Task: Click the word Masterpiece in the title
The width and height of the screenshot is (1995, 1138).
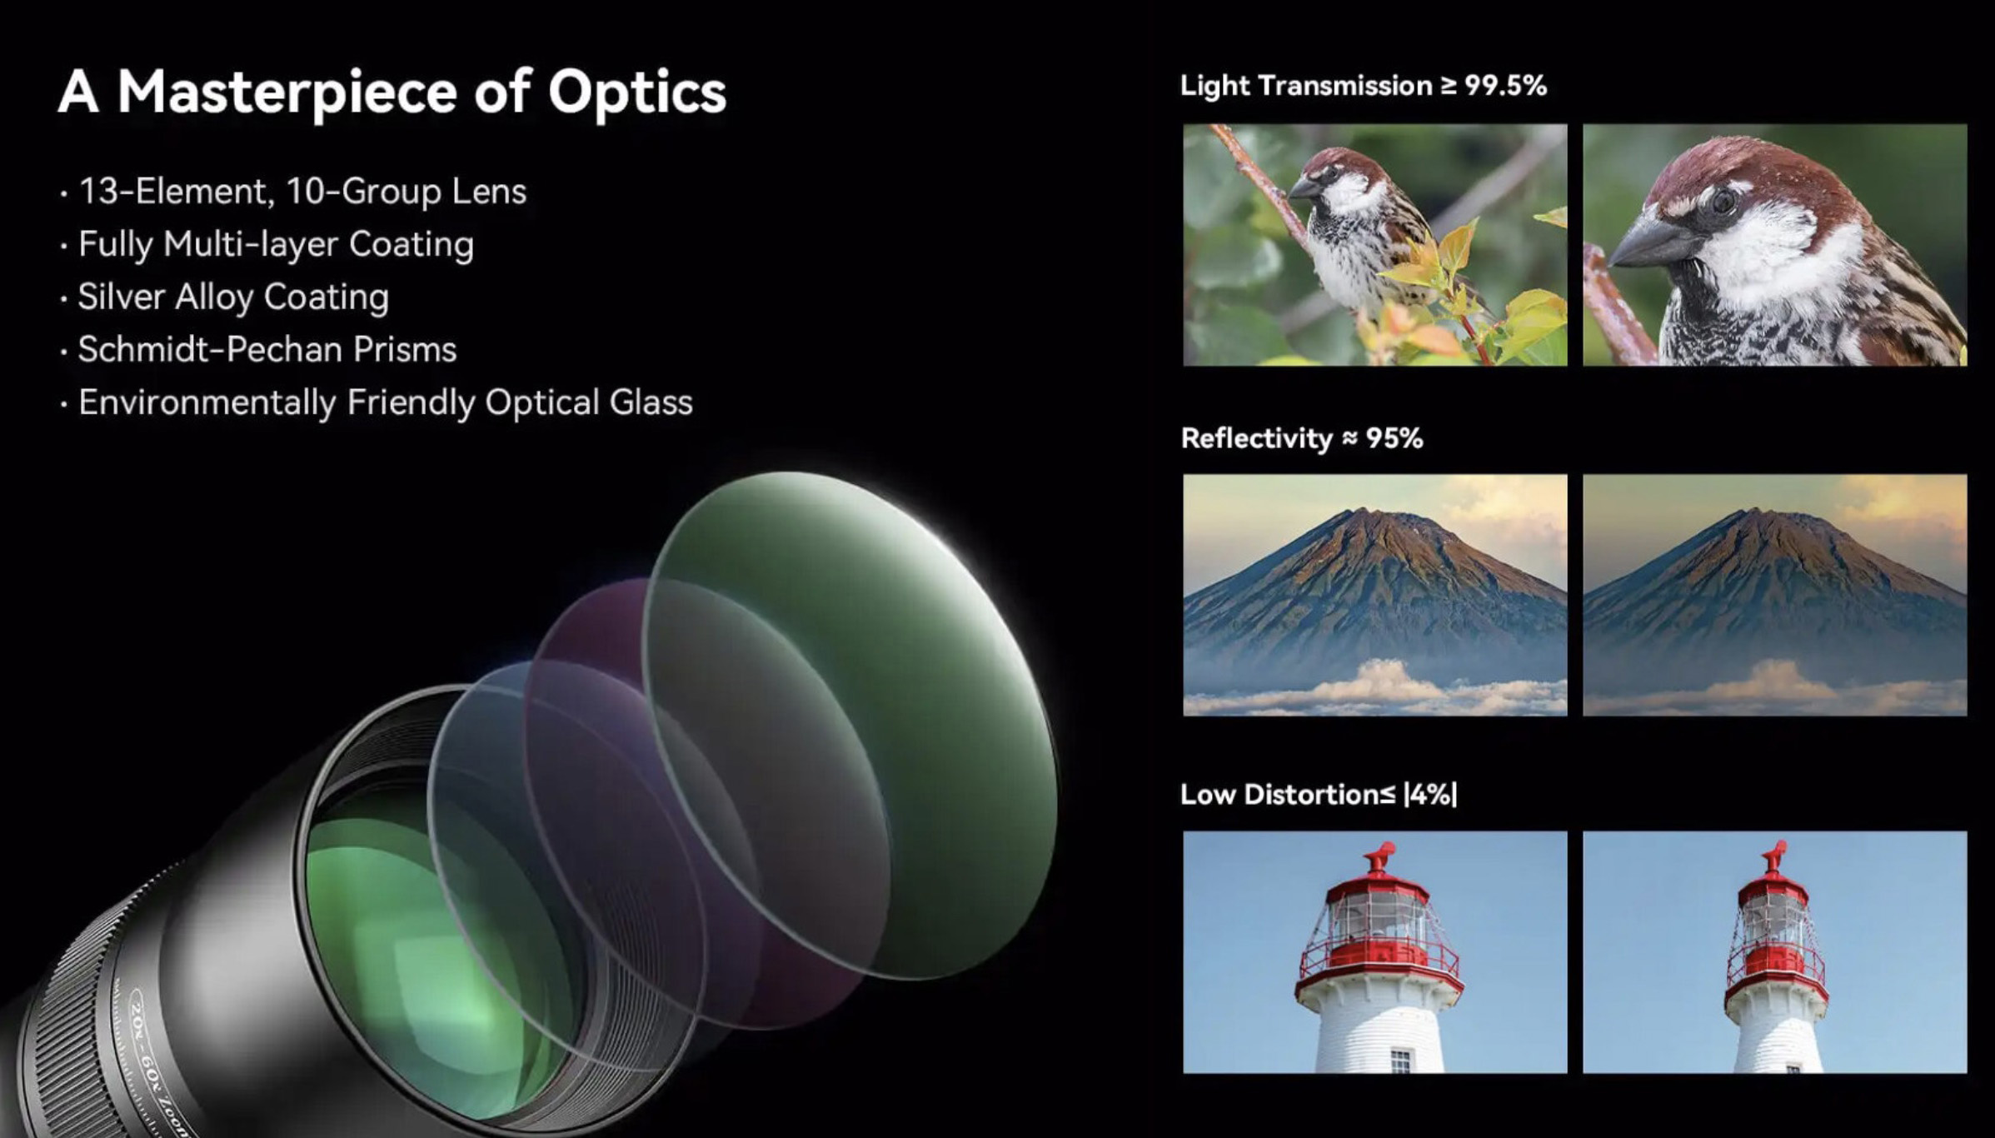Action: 287,92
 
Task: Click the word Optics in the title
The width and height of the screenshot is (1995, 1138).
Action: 637,92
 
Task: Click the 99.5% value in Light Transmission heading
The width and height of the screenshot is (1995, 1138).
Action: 1505,86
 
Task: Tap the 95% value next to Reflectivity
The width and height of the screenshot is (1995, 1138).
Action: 1394,438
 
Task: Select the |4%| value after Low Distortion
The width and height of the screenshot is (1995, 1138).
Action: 1430,795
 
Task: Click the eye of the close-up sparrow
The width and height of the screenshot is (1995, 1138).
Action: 1723,202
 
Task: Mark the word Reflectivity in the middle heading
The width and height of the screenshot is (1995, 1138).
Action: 1257,439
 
